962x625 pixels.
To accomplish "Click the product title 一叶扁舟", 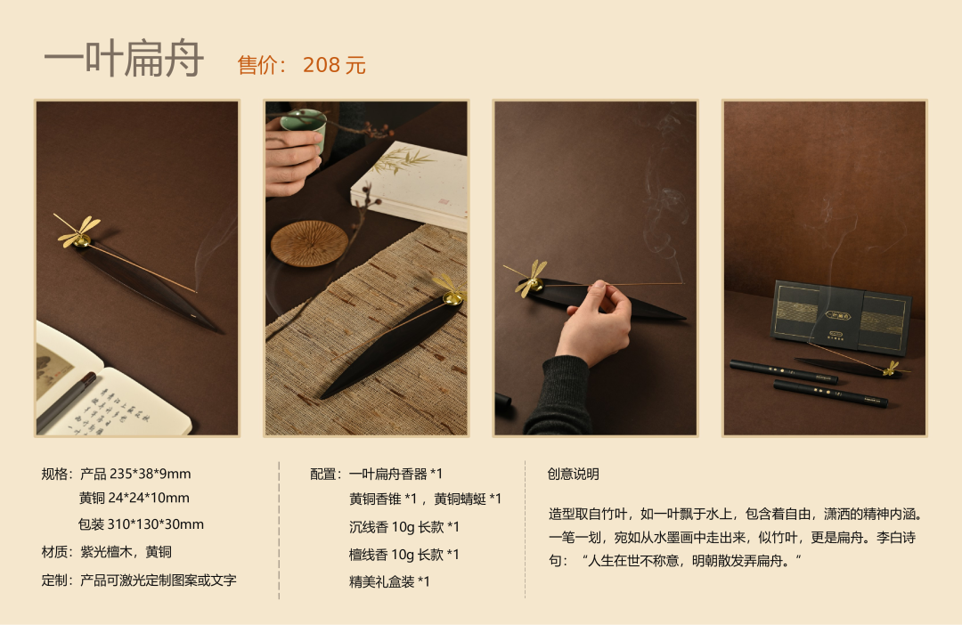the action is pos(123,59).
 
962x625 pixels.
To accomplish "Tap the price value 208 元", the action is pos(334,65).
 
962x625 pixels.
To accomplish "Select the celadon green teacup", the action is pos(303,129).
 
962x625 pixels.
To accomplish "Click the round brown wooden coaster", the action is pos(309,243).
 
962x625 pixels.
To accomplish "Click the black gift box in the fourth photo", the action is pos(841,316).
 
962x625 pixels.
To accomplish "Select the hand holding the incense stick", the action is pos(594,322).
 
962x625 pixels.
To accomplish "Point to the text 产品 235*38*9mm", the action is pos(135,475).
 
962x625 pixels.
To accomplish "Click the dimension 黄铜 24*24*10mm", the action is pos(135,498).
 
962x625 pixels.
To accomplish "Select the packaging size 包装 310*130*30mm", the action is pos(141,524).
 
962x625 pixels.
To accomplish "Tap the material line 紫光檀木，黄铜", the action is pos(126,552).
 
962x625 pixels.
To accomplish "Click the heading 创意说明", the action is pos(573,475).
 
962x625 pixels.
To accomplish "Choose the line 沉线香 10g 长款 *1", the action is pos(404,527).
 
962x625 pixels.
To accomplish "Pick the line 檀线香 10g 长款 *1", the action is pos(404,555).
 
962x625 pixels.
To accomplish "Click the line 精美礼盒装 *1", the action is pos(389,581).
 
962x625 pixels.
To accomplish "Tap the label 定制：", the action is pos(61,580).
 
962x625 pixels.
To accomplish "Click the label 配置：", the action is pos(329,475).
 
